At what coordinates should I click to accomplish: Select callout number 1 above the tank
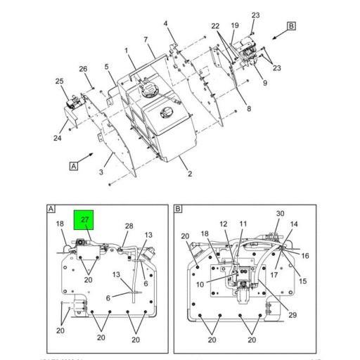126,51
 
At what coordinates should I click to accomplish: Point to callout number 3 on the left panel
101,172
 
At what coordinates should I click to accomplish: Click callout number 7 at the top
146,39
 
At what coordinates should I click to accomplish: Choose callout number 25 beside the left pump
59,82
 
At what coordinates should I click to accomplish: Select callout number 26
83,69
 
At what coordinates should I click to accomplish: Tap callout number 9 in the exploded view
265,83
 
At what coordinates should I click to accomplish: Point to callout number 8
248,108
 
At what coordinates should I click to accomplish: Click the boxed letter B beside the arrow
292,27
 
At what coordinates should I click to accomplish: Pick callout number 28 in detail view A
129,226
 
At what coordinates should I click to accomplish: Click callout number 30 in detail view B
280,214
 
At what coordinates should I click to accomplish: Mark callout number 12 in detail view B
224,224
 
